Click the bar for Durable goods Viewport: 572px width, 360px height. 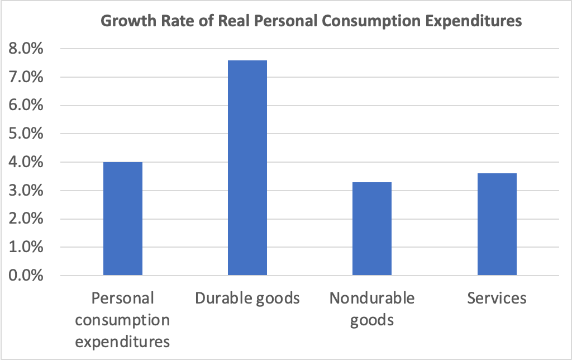pos(247,168)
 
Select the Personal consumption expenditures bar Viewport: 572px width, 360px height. pos(122,219)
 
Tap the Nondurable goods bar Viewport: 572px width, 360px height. pos(372,229)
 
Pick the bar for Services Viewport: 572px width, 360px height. pos(497,224)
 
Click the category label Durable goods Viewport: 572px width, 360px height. pos(247,299)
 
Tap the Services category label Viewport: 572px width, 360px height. pos(497,298)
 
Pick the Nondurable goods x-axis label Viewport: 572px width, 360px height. pos(372,309)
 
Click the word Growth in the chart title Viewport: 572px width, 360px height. pos(124,22)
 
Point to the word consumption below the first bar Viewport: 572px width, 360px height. pos(122,320)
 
